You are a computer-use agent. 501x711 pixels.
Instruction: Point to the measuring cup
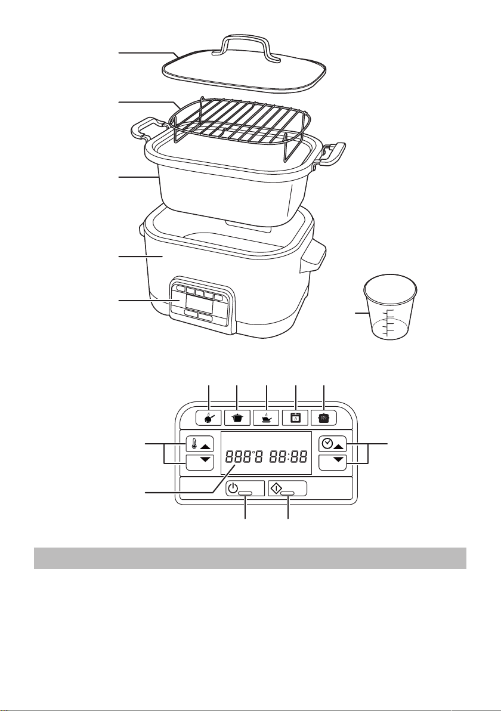pos(391,307)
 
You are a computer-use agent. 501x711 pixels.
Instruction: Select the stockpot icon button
pos(237,417)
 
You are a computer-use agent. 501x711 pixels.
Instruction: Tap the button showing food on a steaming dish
pos(267,417)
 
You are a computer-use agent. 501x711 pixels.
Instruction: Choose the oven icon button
pos(295,417)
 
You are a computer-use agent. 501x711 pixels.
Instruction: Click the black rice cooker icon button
pos(324,417)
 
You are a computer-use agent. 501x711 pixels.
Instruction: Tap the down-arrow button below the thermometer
pos(199,462)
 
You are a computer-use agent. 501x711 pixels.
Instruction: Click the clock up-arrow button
pos(333,444)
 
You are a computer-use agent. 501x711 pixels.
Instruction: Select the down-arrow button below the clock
pos(333,462)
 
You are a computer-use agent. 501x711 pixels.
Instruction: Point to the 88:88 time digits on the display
pos(286,457)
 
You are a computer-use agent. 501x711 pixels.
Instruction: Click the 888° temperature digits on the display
pos(245,457)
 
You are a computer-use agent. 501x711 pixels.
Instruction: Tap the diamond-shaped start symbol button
pos(287,489)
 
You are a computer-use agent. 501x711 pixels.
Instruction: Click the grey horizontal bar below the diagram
pos(250,558)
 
